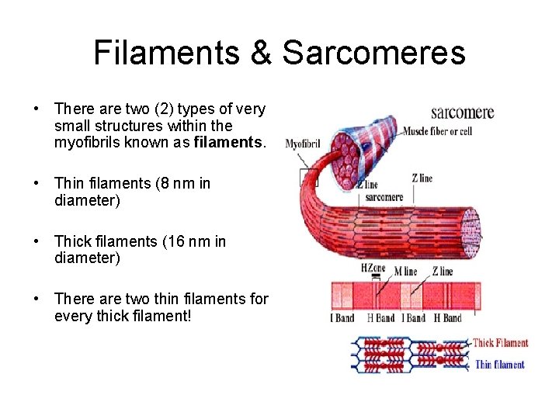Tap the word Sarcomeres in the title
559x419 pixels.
click(373, 53)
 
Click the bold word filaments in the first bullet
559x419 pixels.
click(231, 143)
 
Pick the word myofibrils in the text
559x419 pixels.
click(88, 143)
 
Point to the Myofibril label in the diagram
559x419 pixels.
click(302, 144)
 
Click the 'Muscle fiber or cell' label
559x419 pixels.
click(437, 131)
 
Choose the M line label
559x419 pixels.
click(404, 272)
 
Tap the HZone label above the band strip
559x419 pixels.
click(373, 267)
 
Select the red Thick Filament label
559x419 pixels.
click(500, 343)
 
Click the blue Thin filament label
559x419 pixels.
click(499, 365)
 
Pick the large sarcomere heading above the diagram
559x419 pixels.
click(462, 113)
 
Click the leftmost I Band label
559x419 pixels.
click(342, 318)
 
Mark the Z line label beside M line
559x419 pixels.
click(442, 272)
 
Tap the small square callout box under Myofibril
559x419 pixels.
click(309, 178)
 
